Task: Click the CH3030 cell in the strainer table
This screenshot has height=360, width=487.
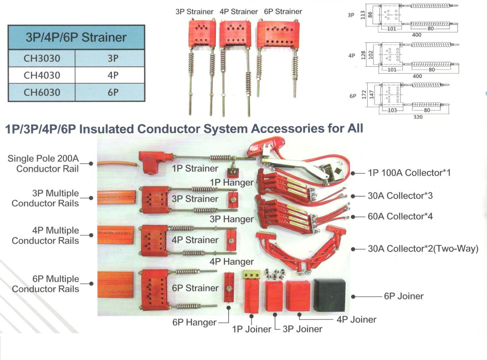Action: click(42, 58)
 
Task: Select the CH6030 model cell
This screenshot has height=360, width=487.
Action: click(42, 92)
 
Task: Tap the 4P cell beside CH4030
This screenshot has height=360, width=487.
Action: click(113, 75)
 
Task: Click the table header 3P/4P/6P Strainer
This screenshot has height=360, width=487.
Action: click(76, 37)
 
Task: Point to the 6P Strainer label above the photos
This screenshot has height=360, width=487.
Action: click(283, 12)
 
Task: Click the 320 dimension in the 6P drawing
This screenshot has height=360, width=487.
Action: click(418, 117)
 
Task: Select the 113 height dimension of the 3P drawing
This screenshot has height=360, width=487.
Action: click(363, 15)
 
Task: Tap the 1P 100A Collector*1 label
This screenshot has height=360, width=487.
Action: click(409, 173)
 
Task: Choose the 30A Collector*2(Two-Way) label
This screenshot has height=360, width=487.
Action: click(423, 249)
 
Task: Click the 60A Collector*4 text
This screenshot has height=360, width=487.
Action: click(400, 216)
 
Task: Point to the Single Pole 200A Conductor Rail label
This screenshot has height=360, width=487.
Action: click(43, 163)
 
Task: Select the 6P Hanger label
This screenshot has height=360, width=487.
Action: click(195, 322)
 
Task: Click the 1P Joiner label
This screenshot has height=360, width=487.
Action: click(251, 329)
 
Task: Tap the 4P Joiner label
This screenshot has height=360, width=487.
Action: click(356, 319)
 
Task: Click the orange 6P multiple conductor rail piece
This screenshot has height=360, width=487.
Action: click(115, 284)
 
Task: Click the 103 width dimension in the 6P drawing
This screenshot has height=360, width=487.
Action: click(392, 110)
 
